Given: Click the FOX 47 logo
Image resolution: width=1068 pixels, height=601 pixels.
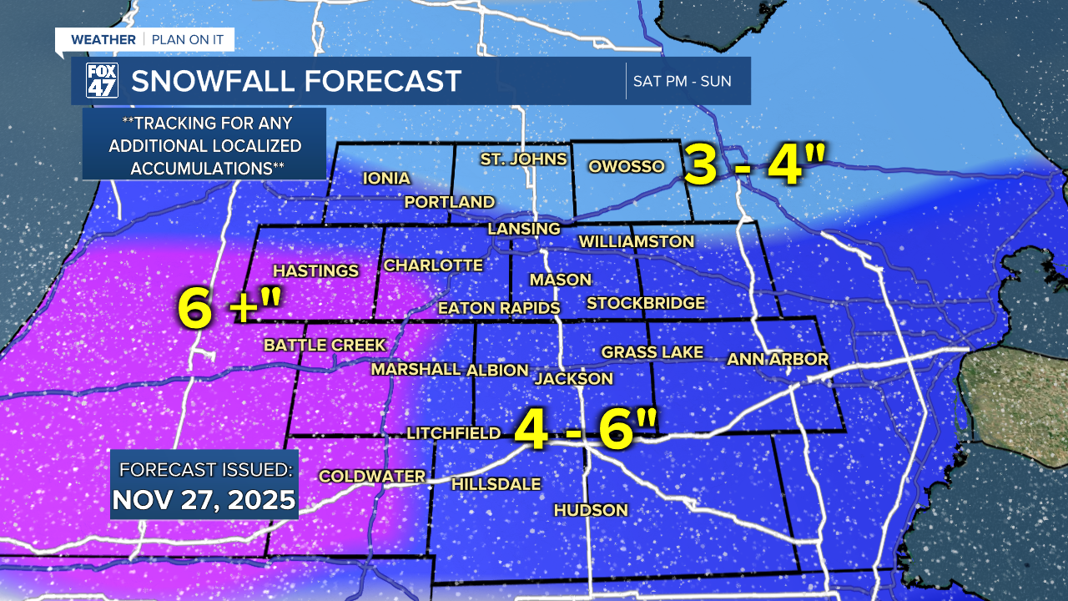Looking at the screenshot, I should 102,81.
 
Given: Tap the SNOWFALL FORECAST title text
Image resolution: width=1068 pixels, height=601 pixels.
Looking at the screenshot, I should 296,81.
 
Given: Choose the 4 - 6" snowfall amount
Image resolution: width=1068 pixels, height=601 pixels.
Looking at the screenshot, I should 585,428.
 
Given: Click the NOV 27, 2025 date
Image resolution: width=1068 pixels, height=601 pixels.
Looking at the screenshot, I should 204,499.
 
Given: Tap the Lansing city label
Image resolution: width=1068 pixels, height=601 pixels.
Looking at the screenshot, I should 524,229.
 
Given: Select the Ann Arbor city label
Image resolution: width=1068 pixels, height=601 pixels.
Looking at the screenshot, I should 778,360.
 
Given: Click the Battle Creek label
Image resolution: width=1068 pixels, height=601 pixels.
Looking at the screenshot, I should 325,345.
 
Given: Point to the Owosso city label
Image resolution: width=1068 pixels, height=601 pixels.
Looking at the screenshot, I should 627,166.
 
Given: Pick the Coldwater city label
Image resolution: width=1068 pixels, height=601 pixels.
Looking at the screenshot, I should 372,476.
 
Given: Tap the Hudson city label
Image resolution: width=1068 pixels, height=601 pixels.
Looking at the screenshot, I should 590,510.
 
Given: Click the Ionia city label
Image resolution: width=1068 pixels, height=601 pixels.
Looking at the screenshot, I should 386,178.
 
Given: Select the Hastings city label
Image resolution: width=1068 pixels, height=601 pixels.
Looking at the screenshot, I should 315,270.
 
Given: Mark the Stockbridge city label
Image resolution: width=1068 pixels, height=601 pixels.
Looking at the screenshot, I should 646,303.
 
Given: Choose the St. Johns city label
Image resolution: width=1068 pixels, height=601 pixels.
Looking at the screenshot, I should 523,159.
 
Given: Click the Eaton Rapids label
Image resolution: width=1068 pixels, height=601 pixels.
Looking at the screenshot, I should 499,308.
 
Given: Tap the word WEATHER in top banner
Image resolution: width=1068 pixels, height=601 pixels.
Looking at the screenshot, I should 103,39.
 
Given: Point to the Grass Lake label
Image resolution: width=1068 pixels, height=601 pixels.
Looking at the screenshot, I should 652,352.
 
